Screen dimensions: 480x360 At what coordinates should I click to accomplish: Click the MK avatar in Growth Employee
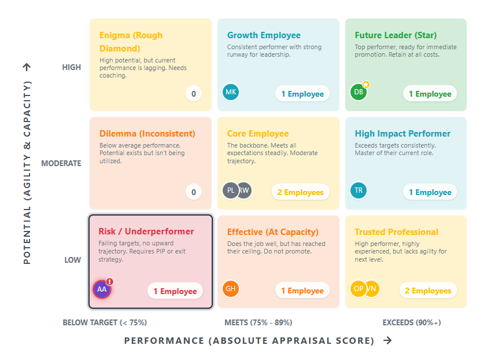click(231, 92)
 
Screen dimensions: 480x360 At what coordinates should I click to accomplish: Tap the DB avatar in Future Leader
click(359, 92)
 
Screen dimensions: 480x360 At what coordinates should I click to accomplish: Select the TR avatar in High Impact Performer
click(359, 190)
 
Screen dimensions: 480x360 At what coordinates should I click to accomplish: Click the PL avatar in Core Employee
click(231, 190)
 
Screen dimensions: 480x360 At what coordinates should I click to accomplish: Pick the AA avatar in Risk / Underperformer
click(102, 289)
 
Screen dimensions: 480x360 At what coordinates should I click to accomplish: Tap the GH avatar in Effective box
click(231, 289)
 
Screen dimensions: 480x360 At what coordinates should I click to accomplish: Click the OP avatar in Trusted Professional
click(359, 289)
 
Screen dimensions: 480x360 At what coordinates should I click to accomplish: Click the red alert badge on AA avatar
click(110, 281)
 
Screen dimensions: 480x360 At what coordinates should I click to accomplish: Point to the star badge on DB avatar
click(366, 85)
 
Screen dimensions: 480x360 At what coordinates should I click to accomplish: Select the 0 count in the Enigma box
click(194, 94)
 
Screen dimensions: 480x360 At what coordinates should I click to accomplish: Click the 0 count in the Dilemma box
click(194, 192)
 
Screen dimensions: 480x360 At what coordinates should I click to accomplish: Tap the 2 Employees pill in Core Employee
click(300, 192)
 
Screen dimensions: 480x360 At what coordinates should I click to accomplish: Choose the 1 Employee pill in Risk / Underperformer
click(175, 291)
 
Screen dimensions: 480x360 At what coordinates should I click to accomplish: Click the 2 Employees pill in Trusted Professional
click(428, 291)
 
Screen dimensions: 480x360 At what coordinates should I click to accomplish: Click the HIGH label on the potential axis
click(72, 67)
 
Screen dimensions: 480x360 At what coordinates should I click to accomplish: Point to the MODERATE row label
click(61, 163)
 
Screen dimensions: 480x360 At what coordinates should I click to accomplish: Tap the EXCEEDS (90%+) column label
click(412, 322)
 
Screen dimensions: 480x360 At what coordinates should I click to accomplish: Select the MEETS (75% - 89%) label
click(259, 322)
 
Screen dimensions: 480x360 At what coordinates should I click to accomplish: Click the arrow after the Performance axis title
click(387, 340)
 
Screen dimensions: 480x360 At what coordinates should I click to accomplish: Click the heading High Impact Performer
click(403, 134)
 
